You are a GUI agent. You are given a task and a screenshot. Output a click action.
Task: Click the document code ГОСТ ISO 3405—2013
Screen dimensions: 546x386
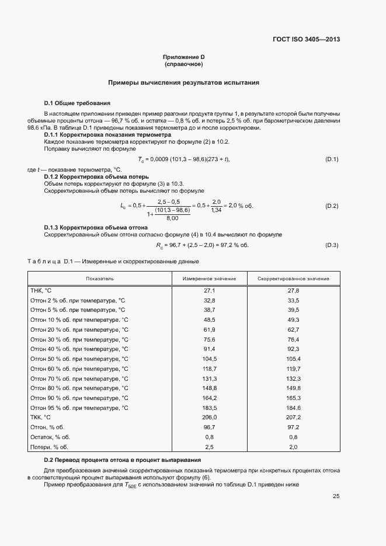[x=306, y=40]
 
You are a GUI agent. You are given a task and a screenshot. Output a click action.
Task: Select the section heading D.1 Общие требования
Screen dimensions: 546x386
[x=77, y=103]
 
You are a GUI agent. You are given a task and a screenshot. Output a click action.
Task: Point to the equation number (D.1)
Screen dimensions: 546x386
[x=331, y=159]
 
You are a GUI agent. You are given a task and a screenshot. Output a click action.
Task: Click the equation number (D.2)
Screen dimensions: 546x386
[x=331, y=206]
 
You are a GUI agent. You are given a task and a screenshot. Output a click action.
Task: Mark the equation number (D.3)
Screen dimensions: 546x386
[x=331, y=245]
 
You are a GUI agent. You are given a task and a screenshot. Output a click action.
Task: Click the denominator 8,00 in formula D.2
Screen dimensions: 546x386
[x=172, y=218]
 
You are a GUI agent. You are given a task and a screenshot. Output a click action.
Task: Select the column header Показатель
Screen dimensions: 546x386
[x=99, y=279]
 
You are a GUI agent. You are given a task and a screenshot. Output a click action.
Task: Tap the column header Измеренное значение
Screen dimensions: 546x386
[x=210, y=279]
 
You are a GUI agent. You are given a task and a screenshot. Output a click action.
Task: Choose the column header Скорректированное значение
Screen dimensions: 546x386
[x=293, y=279]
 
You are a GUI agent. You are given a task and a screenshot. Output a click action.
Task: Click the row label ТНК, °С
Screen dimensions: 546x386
[x=41, y=290]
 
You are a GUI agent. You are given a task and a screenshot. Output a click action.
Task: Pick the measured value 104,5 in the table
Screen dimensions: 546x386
[x=210, y=359]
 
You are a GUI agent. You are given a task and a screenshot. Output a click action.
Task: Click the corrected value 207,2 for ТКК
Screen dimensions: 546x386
[x=293, y=418]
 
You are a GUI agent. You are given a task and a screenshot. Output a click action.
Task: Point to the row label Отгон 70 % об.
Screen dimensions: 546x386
[x=79, y=378]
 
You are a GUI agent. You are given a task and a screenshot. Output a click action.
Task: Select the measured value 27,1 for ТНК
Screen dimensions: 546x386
[x=210, y=290]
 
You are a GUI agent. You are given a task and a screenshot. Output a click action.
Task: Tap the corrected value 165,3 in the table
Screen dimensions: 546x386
[x=293, y=398]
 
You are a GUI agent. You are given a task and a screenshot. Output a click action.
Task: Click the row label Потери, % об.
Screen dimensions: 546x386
[x=50, y=447]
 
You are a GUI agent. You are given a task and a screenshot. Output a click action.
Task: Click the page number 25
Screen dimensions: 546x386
[x=336, y=496]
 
